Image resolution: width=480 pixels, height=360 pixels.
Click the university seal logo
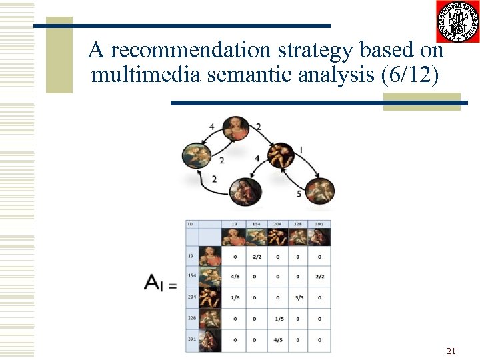coord(457,21)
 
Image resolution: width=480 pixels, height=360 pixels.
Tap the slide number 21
coord(451,351)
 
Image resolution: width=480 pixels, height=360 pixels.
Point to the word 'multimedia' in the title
coord(146,75)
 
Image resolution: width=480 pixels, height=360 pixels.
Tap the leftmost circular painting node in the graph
coord(197,158)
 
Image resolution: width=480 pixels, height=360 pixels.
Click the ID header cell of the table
coord(191,224)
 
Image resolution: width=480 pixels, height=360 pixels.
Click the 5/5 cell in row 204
coord(299,298)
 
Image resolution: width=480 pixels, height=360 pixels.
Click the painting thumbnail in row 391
coord(209,340)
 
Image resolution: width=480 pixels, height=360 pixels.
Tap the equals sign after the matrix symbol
coord(172,285)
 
